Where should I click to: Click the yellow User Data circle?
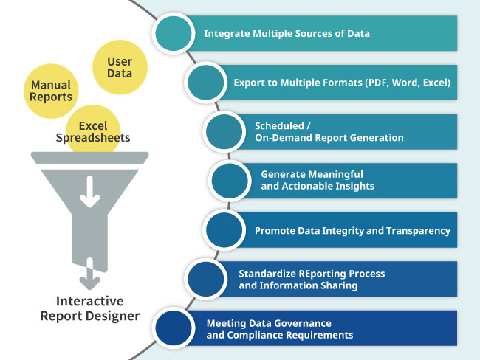[x=119, y=66]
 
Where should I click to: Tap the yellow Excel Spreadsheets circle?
[x=93, y=131]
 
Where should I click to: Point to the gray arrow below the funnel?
[x=90, y=274]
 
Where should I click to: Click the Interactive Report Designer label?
[x=90, y=309]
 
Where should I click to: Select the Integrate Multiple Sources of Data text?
[x=287, y=33]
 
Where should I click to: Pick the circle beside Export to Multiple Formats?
[x=208, y=83]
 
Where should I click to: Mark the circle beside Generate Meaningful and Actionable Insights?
[x=232, y=181]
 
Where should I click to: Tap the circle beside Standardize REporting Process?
[x=208, y=280]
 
